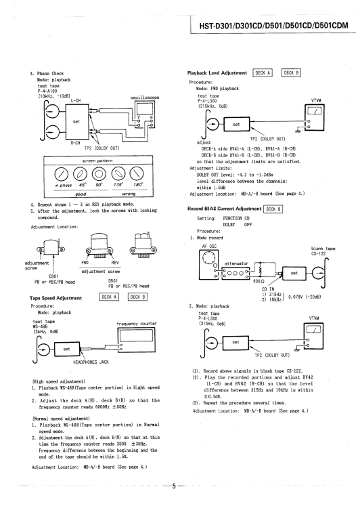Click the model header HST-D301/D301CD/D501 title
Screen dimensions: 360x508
pos(273,25)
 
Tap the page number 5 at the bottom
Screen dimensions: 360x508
pos(174,486)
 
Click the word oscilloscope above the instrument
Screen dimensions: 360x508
pos(145,97)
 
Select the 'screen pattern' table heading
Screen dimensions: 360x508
pos(97,161)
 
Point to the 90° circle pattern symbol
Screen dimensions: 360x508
pos(98,174)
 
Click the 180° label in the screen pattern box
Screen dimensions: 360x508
pos(138,185)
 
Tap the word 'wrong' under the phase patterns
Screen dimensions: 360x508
pos(129,194)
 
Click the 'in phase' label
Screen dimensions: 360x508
pos(63,186)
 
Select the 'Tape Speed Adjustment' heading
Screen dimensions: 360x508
pos(55,298)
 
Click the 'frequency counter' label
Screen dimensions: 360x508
pos(136,324)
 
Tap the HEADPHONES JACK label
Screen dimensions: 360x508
pos(91,362)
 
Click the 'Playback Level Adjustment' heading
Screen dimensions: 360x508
pos(217,73)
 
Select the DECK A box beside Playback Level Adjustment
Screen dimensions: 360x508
pos(263,73)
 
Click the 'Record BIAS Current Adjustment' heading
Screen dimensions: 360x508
pos(224,209)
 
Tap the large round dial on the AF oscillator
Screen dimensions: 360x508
pos(207,258)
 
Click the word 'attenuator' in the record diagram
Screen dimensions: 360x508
pos(236,263)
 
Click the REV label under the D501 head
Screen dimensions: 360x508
pos(115,263)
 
